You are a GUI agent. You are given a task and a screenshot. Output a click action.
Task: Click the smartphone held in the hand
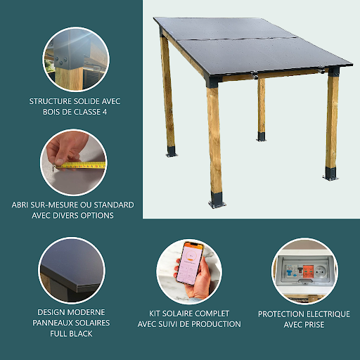[x=190, y=263]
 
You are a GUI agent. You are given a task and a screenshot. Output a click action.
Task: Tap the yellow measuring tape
[x=82, y=165]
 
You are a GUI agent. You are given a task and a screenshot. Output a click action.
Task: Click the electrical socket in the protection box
[x=319, y=272]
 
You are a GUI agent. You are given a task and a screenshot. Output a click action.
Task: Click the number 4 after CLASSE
[x=105, y=112]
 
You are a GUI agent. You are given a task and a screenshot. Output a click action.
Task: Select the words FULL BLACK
[x=71, y=333]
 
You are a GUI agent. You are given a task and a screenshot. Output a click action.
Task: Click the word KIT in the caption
[x=155, y=314]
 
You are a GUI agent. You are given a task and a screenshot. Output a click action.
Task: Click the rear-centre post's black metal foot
[x=262, y=136]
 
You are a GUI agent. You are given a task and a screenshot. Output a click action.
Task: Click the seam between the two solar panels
[x=237, y=39]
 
